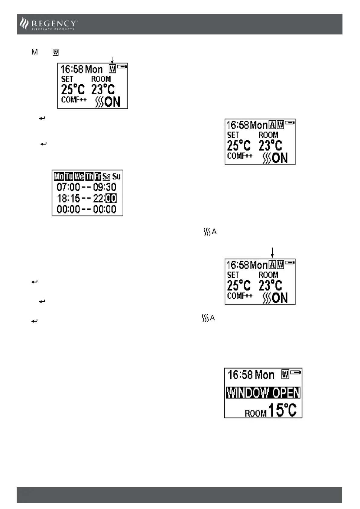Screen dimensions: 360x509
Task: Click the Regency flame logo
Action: coord(24,24)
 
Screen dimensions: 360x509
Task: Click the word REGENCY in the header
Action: coord(54,23)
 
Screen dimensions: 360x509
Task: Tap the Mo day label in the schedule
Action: coord(59,176)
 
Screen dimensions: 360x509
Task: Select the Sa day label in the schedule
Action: coord(106,177)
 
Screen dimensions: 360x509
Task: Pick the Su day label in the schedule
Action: coord(116,177)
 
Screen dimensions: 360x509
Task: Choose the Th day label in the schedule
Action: coord(89,176)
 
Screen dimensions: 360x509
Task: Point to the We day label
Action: coord(79,176)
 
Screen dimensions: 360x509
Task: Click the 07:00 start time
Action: coord(68,187)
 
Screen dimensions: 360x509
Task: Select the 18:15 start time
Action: coord(68,198)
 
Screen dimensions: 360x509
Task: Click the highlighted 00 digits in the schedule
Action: coord(111,198)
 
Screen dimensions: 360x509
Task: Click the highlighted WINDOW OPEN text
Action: coord(263,393)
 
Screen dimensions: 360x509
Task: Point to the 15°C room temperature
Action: coord(282,410)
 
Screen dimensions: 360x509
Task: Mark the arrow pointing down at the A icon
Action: coord(272,253)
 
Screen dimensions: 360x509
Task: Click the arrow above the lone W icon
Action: coord(112,60)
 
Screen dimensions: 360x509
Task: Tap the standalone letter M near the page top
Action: coord(34,52)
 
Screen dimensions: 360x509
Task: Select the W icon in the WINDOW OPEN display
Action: coord(285,374)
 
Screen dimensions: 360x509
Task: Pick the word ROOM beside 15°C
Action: coord(256,413)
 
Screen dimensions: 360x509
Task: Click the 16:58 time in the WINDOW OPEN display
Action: coord(240,375)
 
